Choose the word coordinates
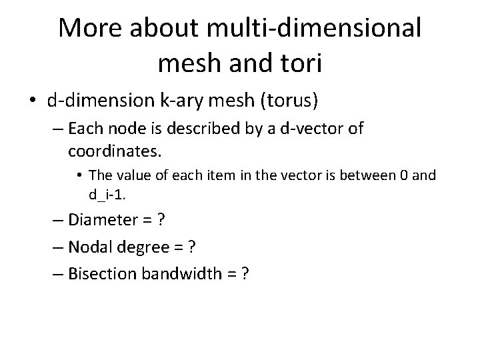pos(114,151)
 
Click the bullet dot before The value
pos(79,177)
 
